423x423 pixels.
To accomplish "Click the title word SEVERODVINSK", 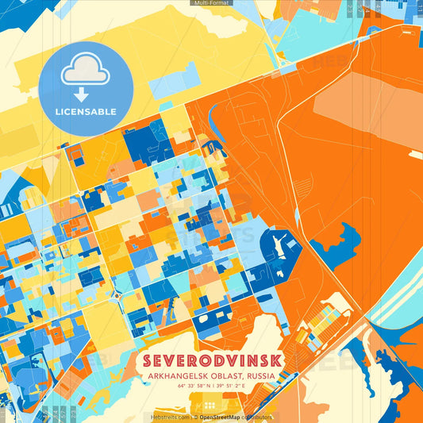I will [211, 360].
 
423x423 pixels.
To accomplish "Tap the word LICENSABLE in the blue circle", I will [86, 112].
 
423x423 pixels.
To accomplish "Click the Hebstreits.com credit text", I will [170, 417].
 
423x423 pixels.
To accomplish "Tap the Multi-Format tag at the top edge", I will [210, 3].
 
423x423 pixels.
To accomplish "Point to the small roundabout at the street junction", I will [118, 295].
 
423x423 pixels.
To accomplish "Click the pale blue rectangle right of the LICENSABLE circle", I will [173, 89].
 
